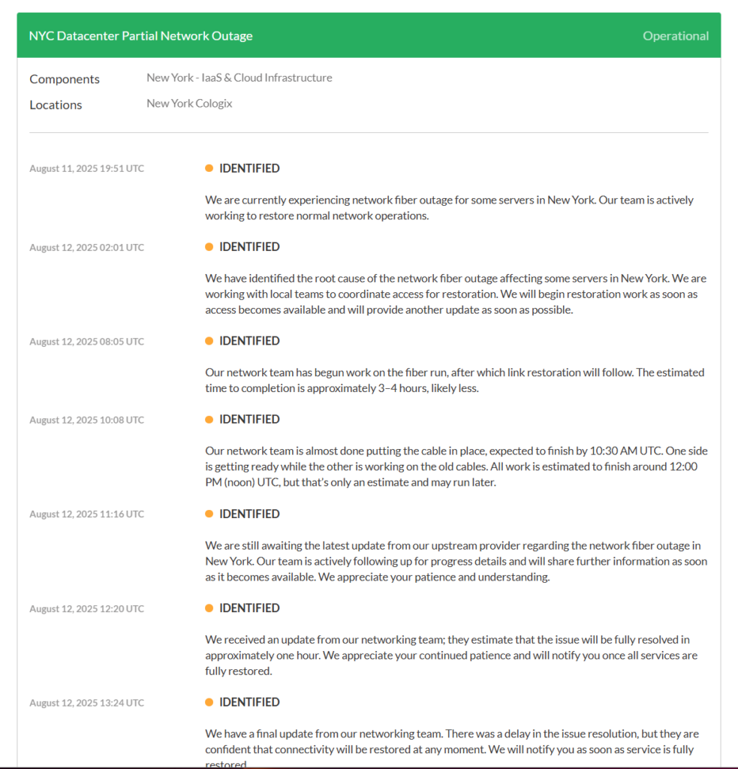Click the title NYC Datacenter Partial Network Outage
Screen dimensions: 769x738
(140, 36)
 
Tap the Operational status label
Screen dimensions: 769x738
(675, 36)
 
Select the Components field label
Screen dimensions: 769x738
(65, 79)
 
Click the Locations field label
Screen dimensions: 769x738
(56, 104)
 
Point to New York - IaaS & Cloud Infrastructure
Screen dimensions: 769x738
(239, 77)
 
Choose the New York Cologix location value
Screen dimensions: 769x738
(189, 104)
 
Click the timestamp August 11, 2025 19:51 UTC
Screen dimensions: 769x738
(86, 168)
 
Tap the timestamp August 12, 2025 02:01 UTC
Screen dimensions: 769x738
(86, 247)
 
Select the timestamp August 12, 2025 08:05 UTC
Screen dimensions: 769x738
(86, 341)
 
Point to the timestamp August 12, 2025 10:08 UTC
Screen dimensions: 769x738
(86, 420)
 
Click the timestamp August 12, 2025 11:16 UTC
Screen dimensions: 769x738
(86, 514)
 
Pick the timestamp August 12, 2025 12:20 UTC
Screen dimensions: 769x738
(86, 608)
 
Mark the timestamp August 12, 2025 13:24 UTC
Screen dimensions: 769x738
(86, 702)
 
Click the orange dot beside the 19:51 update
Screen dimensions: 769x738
(209, 168)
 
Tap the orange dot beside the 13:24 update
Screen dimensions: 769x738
(209, 702)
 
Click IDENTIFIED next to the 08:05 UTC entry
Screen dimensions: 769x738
(249, 341)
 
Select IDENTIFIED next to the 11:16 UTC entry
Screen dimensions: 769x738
(249, 514)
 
